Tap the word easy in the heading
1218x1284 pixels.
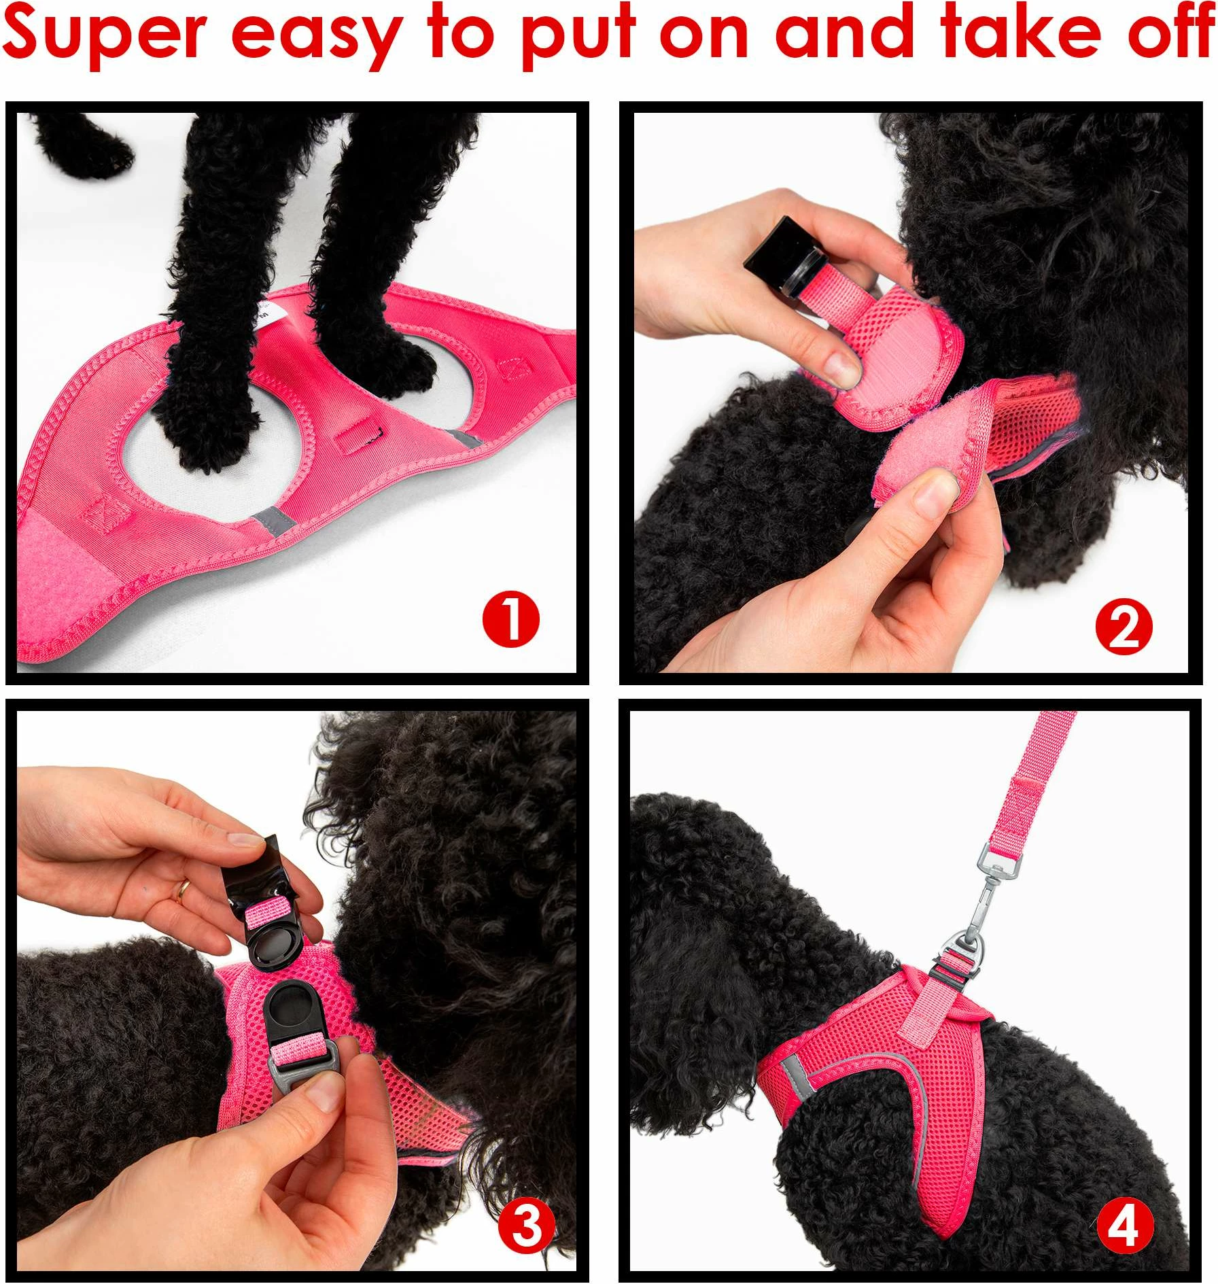click(316, 37)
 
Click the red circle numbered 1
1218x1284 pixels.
click(510, 619)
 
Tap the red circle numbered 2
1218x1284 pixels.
click(1124, 627)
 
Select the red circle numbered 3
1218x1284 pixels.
click(527, 1228)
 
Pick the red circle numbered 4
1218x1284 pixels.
click(1126, 1227)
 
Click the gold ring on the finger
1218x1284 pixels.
click(183, 890)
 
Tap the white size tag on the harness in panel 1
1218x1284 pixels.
click(265, 312)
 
